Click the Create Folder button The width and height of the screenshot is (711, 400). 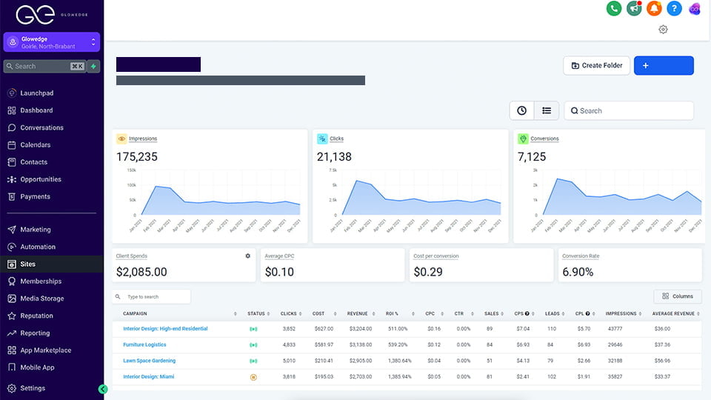coord(596,65)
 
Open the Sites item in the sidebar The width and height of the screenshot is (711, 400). coord(28,264)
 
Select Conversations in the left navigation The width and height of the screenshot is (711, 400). coord(41,127)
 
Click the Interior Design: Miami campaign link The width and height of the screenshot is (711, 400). coord(149,376)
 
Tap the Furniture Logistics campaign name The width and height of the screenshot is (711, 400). coord(144,344)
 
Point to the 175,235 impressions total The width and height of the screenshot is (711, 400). coord(137,157)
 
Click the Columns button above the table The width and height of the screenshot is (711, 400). coord(678,296)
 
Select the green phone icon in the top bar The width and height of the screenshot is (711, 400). coord(613,9)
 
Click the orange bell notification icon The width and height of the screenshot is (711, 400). coord(653,9)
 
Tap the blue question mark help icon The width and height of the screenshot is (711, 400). coord(673,9)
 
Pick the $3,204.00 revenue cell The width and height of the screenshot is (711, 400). coord(359,329)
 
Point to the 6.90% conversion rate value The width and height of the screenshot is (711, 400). coord(578,272)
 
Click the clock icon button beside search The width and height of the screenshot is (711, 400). coord(521,110)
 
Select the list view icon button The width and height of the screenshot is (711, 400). coord(547,110)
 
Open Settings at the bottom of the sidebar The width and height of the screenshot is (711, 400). coord(33,388)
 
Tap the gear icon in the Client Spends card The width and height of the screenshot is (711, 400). coord(248,256)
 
